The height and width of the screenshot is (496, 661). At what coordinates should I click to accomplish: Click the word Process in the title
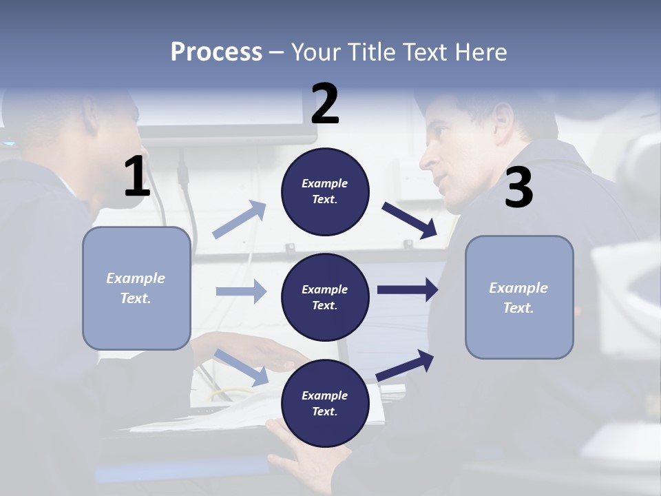(x=216, y=52)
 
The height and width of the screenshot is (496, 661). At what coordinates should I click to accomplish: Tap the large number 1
(x=137, y=176)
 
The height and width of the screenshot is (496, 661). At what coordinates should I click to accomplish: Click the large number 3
(x=519, y=187)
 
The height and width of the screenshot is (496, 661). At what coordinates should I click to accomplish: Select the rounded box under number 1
(x=136, y=288)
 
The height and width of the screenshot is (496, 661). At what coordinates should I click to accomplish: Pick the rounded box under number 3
(x=519, y=298)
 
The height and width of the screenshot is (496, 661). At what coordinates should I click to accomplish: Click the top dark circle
(x=325, y=192)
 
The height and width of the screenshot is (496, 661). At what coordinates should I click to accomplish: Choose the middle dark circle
(x=325, y=298)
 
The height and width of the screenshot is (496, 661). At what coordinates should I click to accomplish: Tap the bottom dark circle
(x=325, y=403)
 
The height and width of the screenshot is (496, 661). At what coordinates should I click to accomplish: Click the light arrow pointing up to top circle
(x=240, y=219)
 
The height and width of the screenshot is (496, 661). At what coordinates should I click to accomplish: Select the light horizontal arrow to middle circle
(x=242, y=291)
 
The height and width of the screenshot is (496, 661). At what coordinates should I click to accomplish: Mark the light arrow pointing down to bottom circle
(x=241, y=367)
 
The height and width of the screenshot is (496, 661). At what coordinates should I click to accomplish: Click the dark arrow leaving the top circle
(x=409, y=221)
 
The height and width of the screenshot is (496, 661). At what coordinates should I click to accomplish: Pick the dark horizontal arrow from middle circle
(x=408, y=290)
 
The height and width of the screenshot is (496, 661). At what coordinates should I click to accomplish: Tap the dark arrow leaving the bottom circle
(x=405, y=365)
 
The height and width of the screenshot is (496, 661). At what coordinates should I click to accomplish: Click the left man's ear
(x=90, y=116)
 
